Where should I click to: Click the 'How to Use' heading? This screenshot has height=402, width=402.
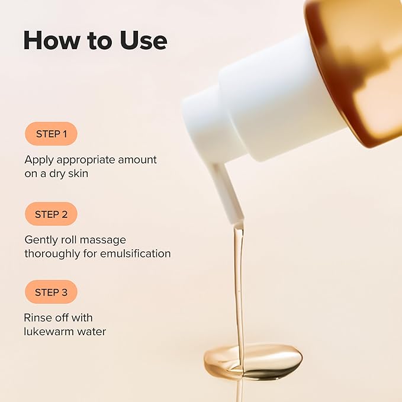[95, 40]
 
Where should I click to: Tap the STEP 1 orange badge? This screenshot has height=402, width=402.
[51, 134]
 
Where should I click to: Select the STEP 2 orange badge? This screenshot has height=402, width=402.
[51, 214]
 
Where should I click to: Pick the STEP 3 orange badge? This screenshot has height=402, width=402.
[51, 292]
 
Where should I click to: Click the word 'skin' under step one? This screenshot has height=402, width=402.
[83, 174]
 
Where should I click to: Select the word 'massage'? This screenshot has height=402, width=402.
[105, 240]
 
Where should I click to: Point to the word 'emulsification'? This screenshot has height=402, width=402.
[139, 253]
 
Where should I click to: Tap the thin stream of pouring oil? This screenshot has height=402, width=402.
[239, 284]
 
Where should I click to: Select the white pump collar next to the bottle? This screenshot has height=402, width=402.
[278, 98]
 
